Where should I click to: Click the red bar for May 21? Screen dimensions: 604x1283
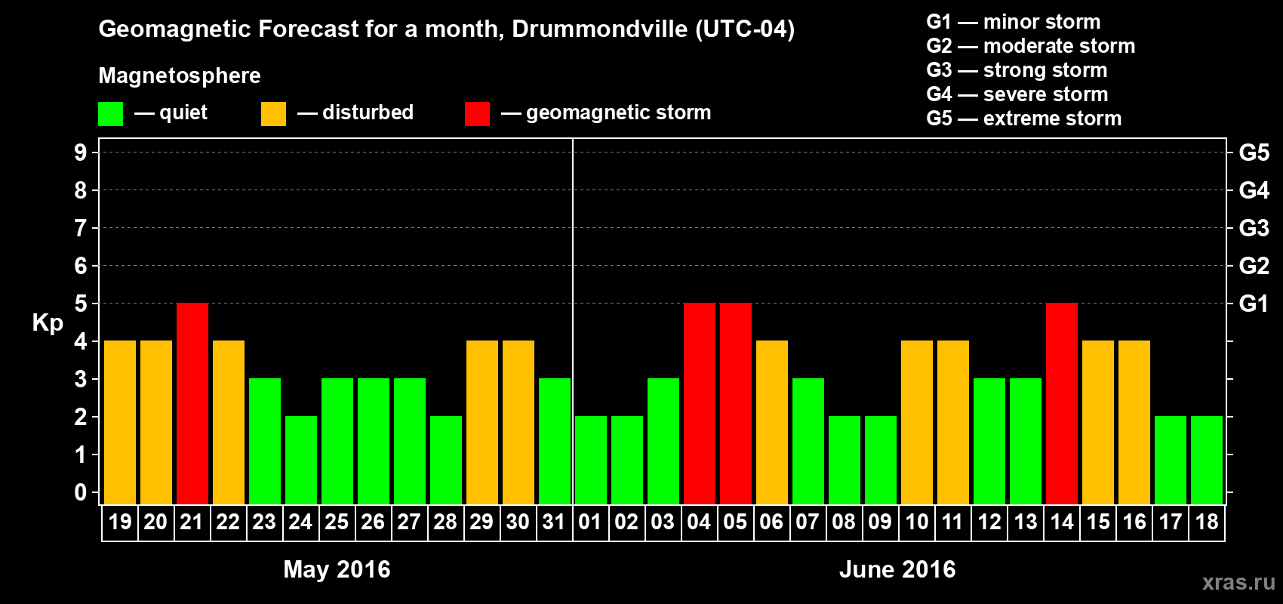click(192, 403)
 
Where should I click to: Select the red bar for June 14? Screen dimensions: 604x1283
click(1062, 403)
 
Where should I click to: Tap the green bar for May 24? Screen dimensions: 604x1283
click(301, 460)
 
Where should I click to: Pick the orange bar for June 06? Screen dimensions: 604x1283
click(772, 422)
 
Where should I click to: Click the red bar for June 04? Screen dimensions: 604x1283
click(700, 403)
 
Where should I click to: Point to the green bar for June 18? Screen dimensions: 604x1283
click(1207, 460)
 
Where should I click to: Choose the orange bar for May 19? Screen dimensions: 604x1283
click(120, 422)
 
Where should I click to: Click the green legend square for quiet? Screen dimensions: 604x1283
click(111, 114)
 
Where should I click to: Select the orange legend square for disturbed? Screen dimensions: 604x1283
click(273, 114)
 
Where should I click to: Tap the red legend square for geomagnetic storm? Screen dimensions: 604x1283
click(477, 114)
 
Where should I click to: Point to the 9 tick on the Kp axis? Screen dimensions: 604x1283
click(81, 153)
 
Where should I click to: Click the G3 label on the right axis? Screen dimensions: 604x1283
click(1254, 228)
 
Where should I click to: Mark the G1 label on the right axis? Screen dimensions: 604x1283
click(1254, 304)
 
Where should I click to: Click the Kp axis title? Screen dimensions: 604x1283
click(48, 323)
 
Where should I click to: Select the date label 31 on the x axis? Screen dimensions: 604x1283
click(554, 522)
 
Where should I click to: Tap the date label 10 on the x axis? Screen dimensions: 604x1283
click(917, 522)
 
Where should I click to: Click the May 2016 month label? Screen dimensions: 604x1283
click(337, 569)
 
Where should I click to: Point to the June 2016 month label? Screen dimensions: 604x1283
click(897, 569)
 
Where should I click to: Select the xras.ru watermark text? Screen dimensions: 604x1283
click(1238, 581)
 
